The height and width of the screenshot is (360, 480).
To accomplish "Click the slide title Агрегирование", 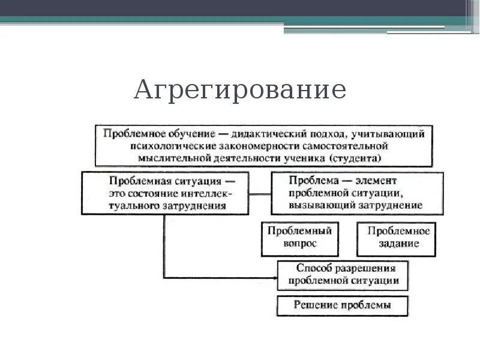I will [240, 91].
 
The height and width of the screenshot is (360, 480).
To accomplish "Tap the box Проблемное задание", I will [395, 238].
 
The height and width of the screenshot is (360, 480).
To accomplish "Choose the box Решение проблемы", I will [342, 305].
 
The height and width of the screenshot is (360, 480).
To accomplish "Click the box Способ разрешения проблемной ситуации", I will [343, 275].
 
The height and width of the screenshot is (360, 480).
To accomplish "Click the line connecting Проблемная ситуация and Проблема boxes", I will [259, 194].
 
